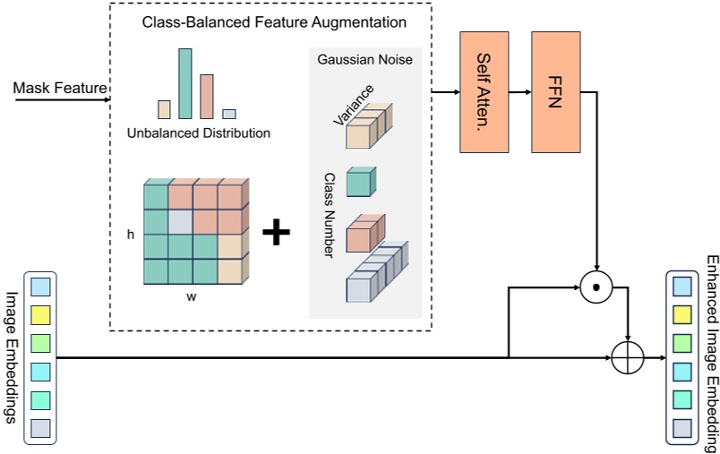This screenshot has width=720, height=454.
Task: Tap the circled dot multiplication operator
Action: click(595, 287)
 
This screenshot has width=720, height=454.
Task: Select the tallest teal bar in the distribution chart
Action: click(185, 83)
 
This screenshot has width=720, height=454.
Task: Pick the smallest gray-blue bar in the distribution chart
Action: click(229, 114)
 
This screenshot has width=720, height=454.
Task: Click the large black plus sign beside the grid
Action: click(277, 233)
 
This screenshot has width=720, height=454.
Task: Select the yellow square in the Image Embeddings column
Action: click(40, 314)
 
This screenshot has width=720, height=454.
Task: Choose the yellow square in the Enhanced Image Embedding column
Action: click(681, 313)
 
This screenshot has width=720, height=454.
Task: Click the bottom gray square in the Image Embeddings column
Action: click(40, 428)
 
